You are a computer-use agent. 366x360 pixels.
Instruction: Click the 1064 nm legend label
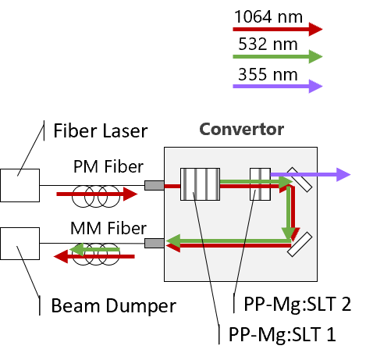click(268, 16)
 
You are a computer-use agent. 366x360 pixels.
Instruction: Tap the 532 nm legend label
click(268, 44)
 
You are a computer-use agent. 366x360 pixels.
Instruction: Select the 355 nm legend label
click(268, 74)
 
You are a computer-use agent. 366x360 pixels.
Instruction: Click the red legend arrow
click(278, 29)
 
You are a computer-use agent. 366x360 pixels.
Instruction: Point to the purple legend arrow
click(278, 86)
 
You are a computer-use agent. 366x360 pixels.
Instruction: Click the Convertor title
click(242, 129)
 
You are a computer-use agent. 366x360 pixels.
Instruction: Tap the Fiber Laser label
click(101, 130)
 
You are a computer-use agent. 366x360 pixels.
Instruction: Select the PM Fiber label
click(108, 166)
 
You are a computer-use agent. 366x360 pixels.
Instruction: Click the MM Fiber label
click(108, 228)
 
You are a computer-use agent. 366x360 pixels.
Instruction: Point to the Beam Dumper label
click(114, 305)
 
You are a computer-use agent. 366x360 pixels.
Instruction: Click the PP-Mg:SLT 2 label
click(297, 304)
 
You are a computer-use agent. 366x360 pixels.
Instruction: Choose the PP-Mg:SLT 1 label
click(282, 334)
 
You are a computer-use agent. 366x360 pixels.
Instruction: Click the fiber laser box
click(20, 185)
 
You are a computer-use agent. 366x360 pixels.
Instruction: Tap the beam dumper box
click(20, 244)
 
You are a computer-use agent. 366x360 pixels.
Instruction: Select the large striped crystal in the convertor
click(200, 184)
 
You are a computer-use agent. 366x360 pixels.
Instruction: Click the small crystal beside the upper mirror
click(260, 184)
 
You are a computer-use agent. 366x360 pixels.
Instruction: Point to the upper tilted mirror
click(299, 180)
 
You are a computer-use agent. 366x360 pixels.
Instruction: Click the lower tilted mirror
click(300, 244)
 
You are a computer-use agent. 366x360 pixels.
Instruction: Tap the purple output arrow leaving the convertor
click(311, 175)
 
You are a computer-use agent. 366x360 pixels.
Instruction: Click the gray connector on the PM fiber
click(155, 185)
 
